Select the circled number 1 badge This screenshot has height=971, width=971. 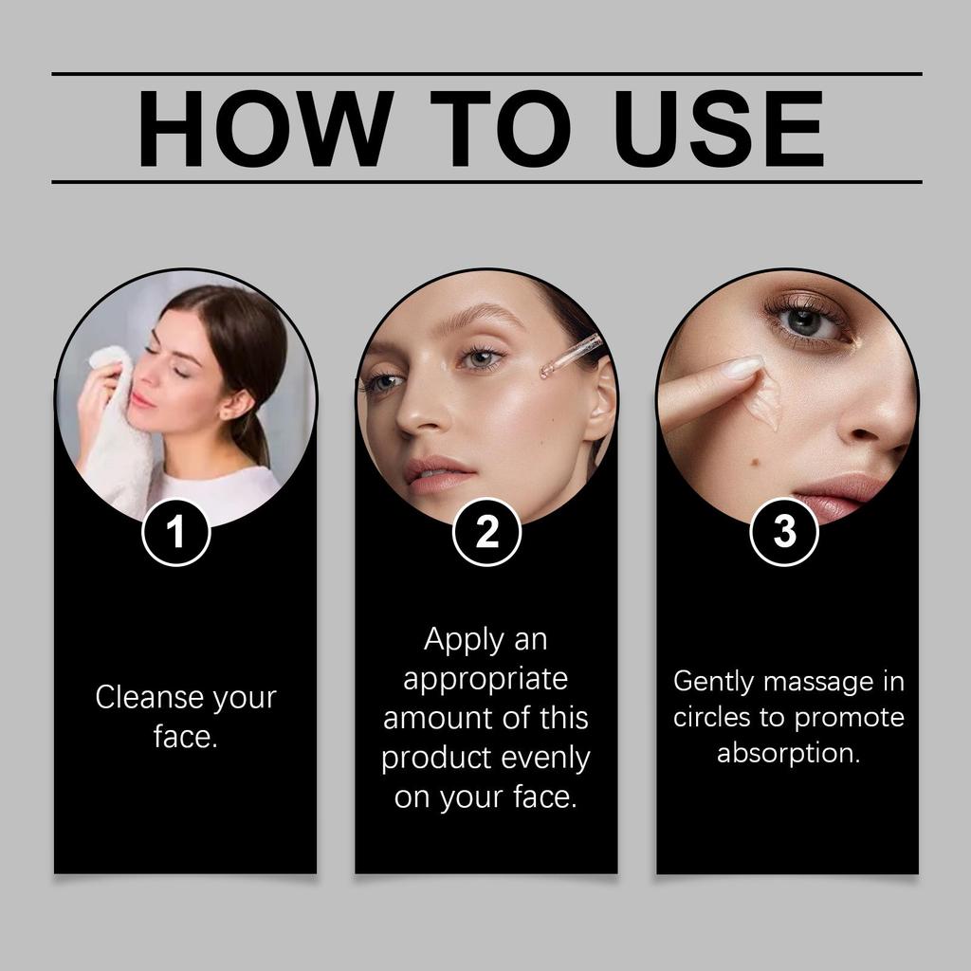click(x=175, y=533)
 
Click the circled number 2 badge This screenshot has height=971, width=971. click(x=486, y=533)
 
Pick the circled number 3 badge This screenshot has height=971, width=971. click(x=784, y=533)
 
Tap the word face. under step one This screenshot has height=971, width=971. click(x=186, y=737)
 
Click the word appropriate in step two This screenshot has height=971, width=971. click(x=485, y=679)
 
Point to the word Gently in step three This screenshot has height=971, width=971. click(x=714, y=681)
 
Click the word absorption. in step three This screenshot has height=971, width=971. click(x=788, y=754)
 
